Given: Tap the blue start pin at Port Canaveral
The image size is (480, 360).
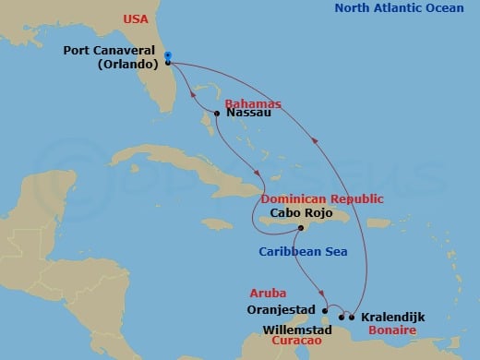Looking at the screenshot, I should pyautogui.click(x=168, y=57).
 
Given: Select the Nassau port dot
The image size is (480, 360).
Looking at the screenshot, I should pyautogui.click(x=216, y=114).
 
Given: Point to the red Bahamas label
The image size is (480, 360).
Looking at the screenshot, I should pyautogui.click(x=252, y=103).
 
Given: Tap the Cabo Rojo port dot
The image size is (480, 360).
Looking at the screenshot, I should pyautogui.click(x=301, y=229).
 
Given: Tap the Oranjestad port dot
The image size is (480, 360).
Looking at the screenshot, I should pyautogui.click(x=324, y=310).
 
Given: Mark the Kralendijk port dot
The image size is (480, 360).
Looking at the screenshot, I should pyautogui.click(x=352, y=317).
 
